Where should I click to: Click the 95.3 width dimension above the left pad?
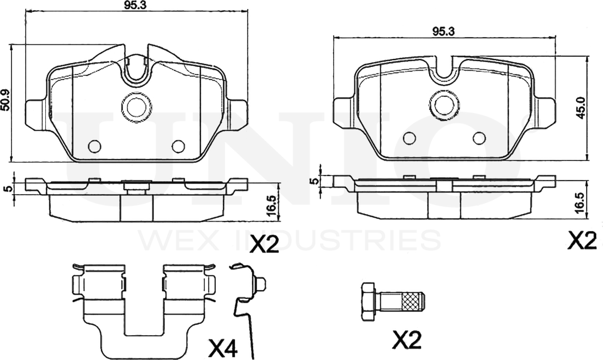[136, 6]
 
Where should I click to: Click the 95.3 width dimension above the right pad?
[444, 32]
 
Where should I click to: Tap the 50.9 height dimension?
[5, 100]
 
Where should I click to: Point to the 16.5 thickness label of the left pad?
[272, 206]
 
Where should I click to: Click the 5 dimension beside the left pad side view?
[9, 189]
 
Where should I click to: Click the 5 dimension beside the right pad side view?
[314, 181]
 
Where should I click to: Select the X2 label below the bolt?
[407, 339]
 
